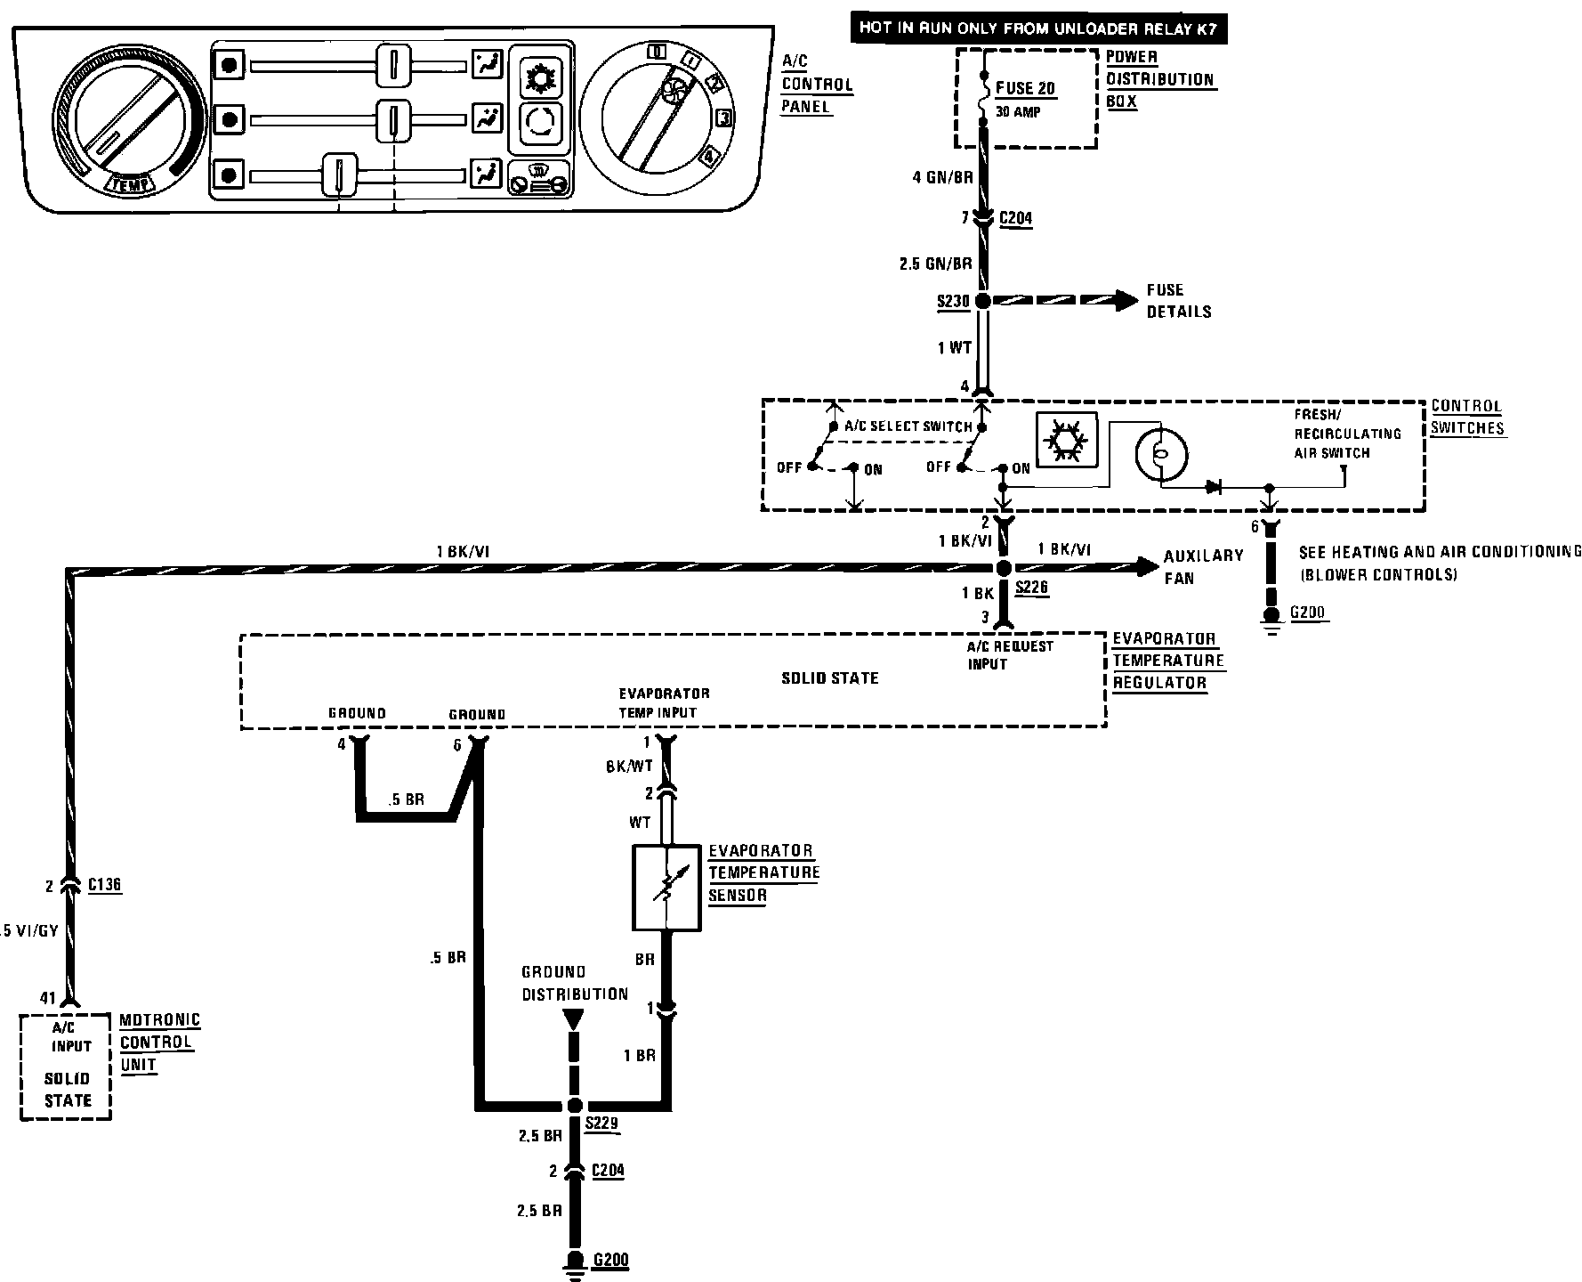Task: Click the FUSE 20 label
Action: pyautogui.click(x=1025, y=89)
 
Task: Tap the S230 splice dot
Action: pyautogui.click(x=982, y=302)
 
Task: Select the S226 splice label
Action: pyautogui.click(x=1031, y=588)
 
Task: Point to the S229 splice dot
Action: pyautogui.click(x=574, y=1106)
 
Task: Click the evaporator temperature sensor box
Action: pyautogui.click(x=666, y=888)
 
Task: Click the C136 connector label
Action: pyautogui.click(x=105, y=885)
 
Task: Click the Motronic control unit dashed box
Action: pyautogui.click(x=66, y=1066)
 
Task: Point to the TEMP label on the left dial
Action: pyautogui.click(x=130, y=184)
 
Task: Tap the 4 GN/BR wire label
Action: pyautogui.click(x=942, y=177)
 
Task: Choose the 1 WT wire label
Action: pyautogui.click(x=954, y=348)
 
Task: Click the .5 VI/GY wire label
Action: pyautogui.click(x=29, y=931)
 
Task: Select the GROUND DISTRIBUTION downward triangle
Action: pyautogui.click(x=574, y=1019)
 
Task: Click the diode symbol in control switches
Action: pyautogui.click(x=1215, y=487)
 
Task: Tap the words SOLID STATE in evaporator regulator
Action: pyautogui.click(x=829, y=678)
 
